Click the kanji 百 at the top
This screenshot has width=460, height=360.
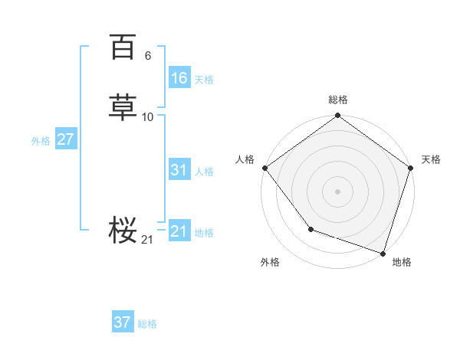[x=122, y=47]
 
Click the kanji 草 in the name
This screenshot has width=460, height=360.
[x=122, y=108]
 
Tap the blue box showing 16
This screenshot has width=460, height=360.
[x=179, y=77]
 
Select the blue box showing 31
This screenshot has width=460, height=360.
[x=179, y=170]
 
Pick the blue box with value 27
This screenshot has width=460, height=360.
[x=65, y=139]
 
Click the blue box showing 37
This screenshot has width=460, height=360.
[x=123, y=322]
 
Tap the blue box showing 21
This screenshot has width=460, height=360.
[x=179, y=231]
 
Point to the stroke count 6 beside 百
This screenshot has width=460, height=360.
[x=147, y=56]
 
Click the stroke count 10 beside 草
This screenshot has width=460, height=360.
[x=148, y=117]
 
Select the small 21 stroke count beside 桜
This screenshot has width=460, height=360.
[x=147, y=240]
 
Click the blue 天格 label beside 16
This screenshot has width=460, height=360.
[x=204, y=79]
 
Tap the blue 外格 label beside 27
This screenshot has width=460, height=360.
[x=41, y=141]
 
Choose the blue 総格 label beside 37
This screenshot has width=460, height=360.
[x=147, y=324]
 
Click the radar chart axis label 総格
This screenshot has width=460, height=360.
[x=338, y=100]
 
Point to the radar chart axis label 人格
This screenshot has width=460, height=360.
[x=245, y=159]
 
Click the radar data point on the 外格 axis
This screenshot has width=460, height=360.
[x=310, y=229]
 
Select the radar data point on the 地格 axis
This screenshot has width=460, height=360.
[x=383, y=252]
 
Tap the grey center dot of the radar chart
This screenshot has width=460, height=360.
[x=338, y=191]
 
